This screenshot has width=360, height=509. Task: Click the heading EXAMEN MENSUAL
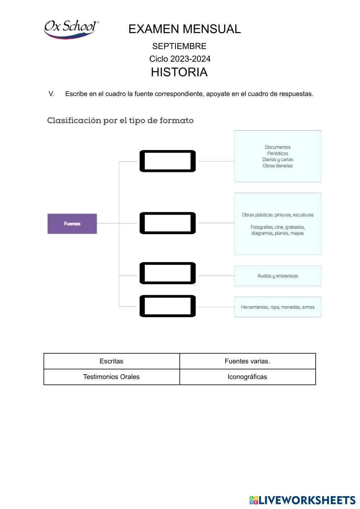185,29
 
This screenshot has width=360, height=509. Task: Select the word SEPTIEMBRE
179,47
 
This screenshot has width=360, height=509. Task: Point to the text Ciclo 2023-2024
180,59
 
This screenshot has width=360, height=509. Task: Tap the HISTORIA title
179,72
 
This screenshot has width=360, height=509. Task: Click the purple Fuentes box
72,224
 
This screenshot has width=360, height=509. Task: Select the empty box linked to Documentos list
168,161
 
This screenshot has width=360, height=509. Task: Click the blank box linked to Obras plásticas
168,223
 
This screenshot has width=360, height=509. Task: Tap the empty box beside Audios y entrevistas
168,273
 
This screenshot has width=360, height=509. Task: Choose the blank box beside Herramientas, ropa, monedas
168,306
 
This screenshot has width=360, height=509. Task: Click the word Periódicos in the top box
277,154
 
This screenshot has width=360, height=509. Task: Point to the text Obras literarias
277,166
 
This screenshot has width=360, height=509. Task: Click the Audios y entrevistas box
277,276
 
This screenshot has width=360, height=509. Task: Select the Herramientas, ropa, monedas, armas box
277,307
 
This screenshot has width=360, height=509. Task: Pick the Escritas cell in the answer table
111,361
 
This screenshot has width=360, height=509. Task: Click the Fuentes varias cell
247,361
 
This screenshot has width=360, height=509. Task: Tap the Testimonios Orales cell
111,377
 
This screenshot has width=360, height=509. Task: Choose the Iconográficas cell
247,377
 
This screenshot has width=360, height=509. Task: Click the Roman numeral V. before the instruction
52,94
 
